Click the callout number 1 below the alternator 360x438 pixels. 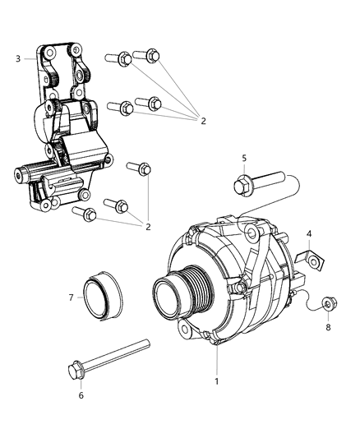pos(216,381)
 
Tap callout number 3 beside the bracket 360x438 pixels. pos(18,58)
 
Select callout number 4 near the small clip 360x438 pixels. pos(309,234)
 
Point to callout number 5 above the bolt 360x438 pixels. pos(244,159)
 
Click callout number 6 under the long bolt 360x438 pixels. pos(81,395)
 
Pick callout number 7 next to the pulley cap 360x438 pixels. pos(71,297)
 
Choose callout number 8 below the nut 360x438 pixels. pos(328,327)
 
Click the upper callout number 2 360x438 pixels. pos(203,121)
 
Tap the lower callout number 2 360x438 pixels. pos(148,227)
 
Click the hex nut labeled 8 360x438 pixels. pos(330,303)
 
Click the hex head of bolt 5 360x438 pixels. pos(241,185)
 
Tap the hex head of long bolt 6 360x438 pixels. pos(75,371)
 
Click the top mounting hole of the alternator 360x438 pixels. pos(252,233)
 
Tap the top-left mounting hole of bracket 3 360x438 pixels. pos(50,53)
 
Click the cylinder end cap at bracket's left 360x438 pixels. pos(19,174)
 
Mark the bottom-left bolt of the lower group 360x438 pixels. pos(85,214)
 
